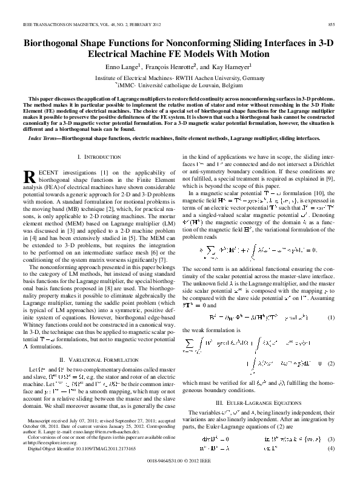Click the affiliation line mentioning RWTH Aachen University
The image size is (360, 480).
coord(179,79)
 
